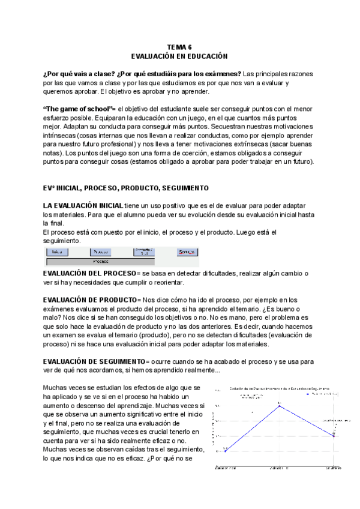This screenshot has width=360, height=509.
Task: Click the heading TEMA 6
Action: click(179, 47)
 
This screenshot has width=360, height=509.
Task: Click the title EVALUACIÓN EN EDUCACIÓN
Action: click(179, 56)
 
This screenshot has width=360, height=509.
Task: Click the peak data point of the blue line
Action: click(279, 406)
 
